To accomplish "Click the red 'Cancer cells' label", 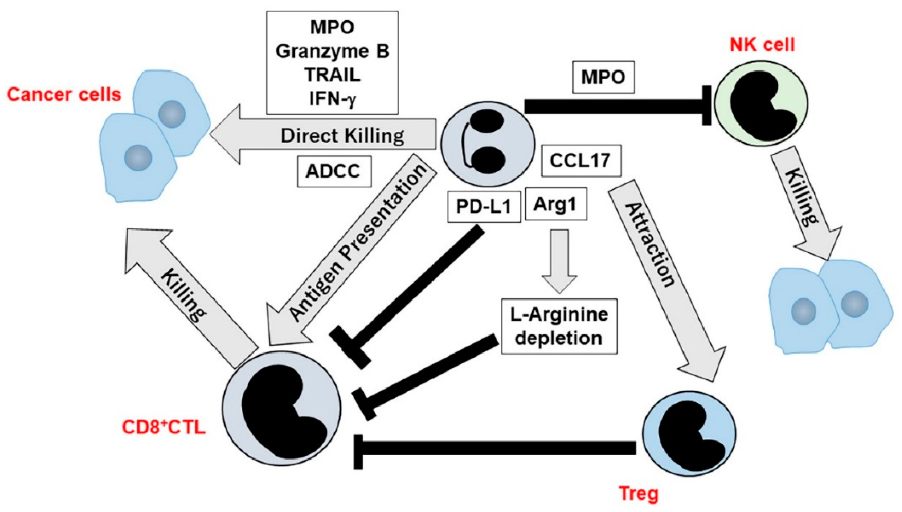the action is [x=64, y=95].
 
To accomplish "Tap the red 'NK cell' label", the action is [x=762, y=45].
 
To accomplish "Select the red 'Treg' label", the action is [x=639, y=493].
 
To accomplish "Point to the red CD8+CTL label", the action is [x=164, y=427].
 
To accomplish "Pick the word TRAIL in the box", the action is [x=332, y=75].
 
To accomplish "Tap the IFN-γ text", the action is [x=332, y=98].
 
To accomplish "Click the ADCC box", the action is [x=334, y=171].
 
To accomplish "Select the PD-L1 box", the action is [x=484, y=206].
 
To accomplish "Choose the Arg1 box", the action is [x=555, y=204].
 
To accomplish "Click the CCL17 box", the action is [x=581, y=161].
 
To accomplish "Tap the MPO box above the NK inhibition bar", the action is [x=603, y=77].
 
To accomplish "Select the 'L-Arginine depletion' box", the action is [x=559, y=326].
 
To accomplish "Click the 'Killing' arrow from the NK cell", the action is [x=805, y=203].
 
